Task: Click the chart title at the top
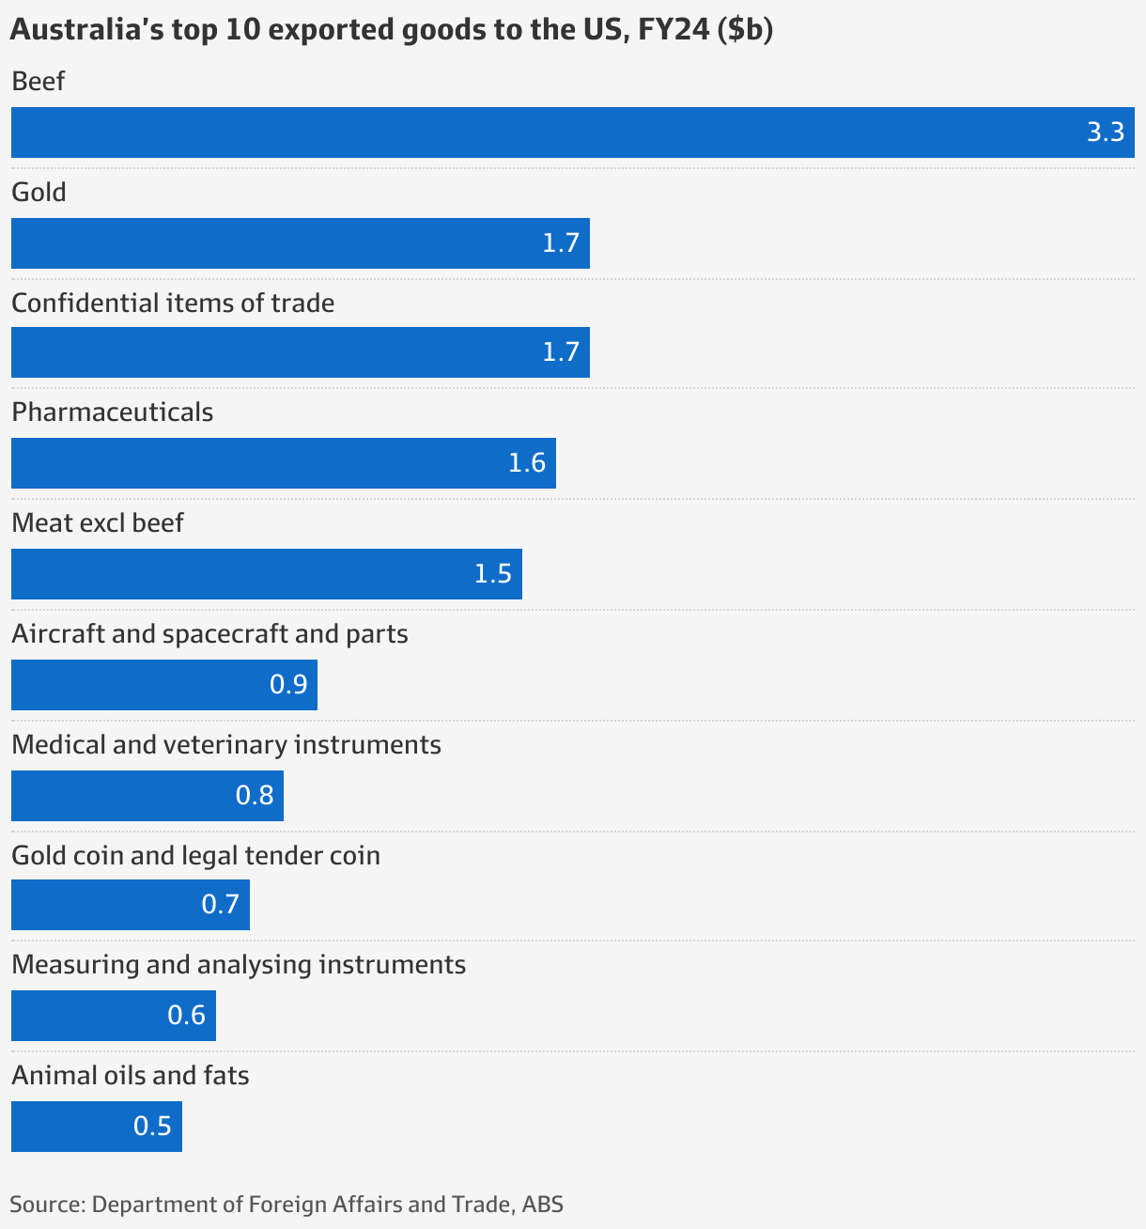tap(391, 30)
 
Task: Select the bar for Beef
tap(572, 132)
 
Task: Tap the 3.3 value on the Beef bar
tap(1105, 132)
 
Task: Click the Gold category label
tap(39, 193)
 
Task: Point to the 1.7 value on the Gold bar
tap(561, 243)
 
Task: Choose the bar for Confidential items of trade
tap(300, 352)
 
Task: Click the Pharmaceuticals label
tap(112, 412)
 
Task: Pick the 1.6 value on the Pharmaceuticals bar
tap(527, 463)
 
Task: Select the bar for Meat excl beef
tap(266, 574)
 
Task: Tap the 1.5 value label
tap(493, 574)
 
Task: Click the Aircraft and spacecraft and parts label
tap(209, 634)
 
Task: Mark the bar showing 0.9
tap(163, 685)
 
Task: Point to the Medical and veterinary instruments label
tap(225, 745)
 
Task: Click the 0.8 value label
tap(255, 796)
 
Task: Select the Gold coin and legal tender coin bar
tap(130, 905)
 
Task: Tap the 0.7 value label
tap(221, 905)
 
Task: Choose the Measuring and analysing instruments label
tap(239, 965)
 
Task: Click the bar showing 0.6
tap(113, 1016)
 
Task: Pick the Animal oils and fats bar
tap(96, 1127)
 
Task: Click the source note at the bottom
tap(286, 1205)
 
